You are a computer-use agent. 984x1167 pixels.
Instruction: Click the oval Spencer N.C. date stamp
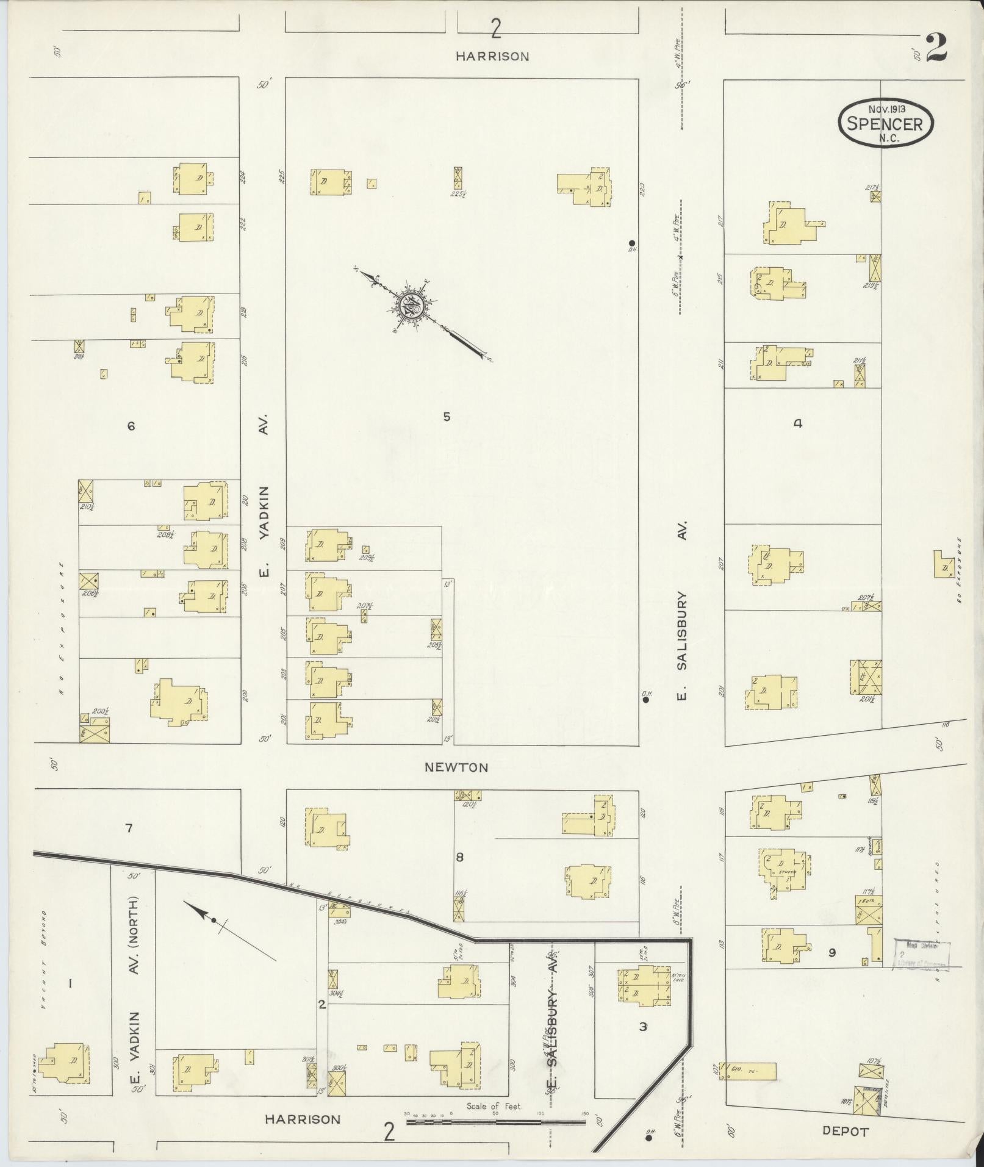pyautogui.click(x=886, y=122)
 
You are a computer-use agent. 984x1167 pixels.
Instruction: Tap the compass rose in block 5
pyautogui.click(x=410, y=306)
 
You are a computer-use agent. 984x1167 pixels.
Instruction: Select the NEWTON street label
pyautogui.click(x=456, y=767)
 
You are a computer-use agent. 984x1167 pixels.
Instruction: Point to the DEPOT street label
pyautogui.click(x=845, y=1131)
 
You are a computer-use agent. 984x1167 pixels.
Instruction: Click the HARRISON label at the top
pyautogui.click(x=492, y=56)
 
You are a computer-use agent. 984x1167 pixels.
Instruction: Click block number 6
pyautogui.click(x=131, y=426)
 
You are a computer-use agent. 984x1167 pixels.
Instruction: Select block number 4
pyautogui.click(x=797, y=423)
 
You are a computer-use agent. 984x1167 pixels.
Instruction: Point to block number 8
pyautogui.click(x=459, y=857)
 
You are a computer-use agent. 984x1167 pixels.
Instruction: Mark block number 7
pyautogui.click(x=128, y=828)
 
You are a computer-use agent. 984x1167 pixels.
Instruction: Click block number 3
pyautogui.click(x=642, y=1026)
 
